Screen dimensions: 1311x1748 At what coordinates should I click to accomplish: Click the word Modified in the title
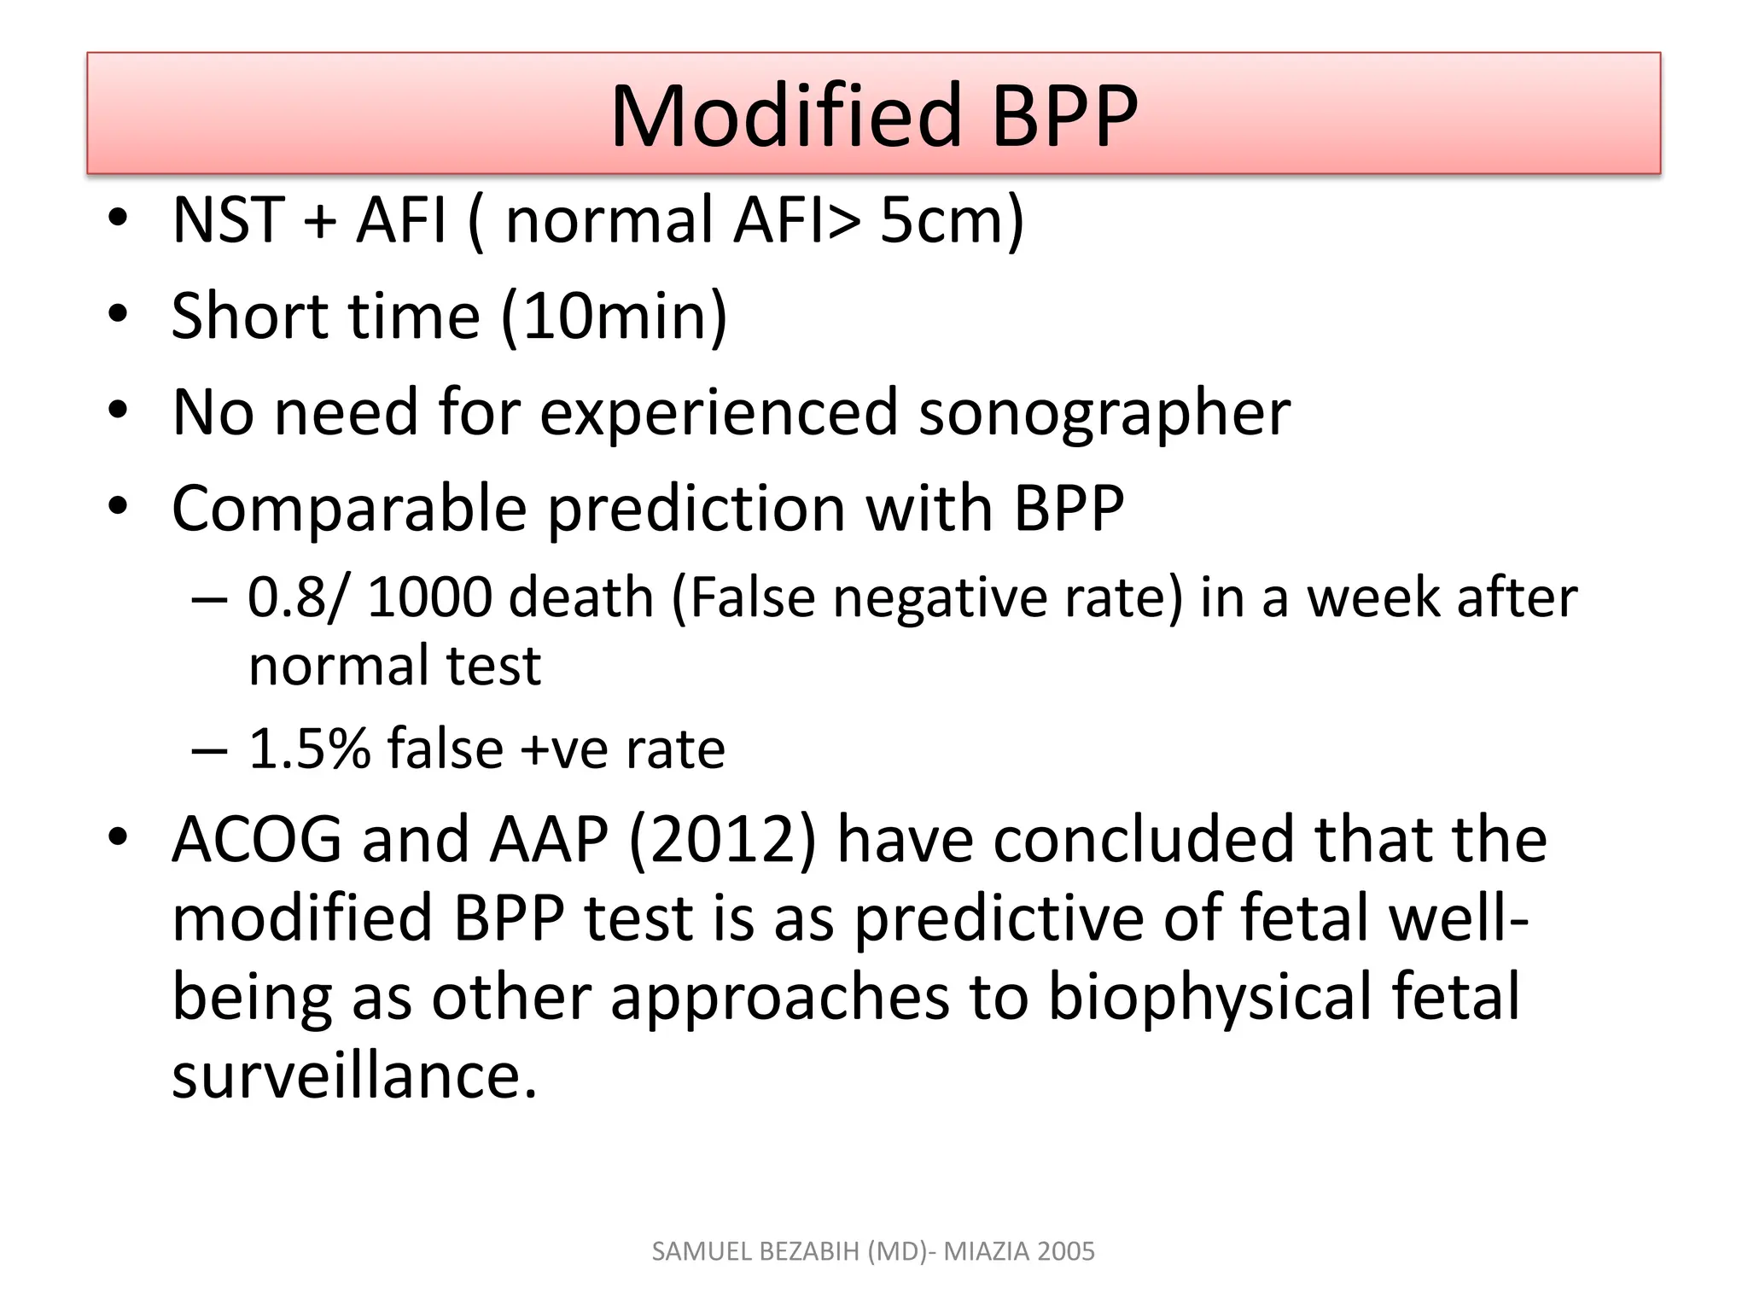[786, 117]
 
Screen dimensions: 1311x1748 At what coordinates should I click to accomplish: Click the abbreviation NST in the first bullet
[228, 220]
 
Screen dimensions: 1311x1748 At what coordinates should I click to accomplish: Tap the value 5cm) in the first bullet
[951, 220]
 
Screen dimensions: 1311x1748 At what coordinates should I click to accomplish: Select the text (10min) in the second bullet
[614, 317]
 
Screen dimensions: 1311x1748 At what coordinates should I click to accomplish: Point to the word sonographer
[1104, 413]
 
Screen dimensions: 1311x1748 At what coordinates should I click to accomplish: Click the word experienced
[719, 413]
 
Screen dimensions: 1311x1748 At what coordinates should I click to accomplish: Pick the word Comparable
[349, 510]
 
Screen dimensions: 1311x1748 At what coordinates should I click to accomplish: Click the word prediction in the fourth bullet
[696, 510]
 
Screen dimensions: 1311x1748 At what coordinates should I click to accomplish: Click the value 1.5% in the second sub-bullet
[309, 749]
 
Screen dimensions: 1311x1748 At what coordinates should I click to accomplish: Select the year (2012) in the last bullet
[722, 840]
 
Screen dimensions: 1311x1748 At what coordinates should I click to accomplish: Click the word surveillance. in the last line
[354, 1075]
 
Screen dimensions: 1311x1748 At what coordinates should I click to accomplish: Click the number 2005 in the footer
[1067, 1251]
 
